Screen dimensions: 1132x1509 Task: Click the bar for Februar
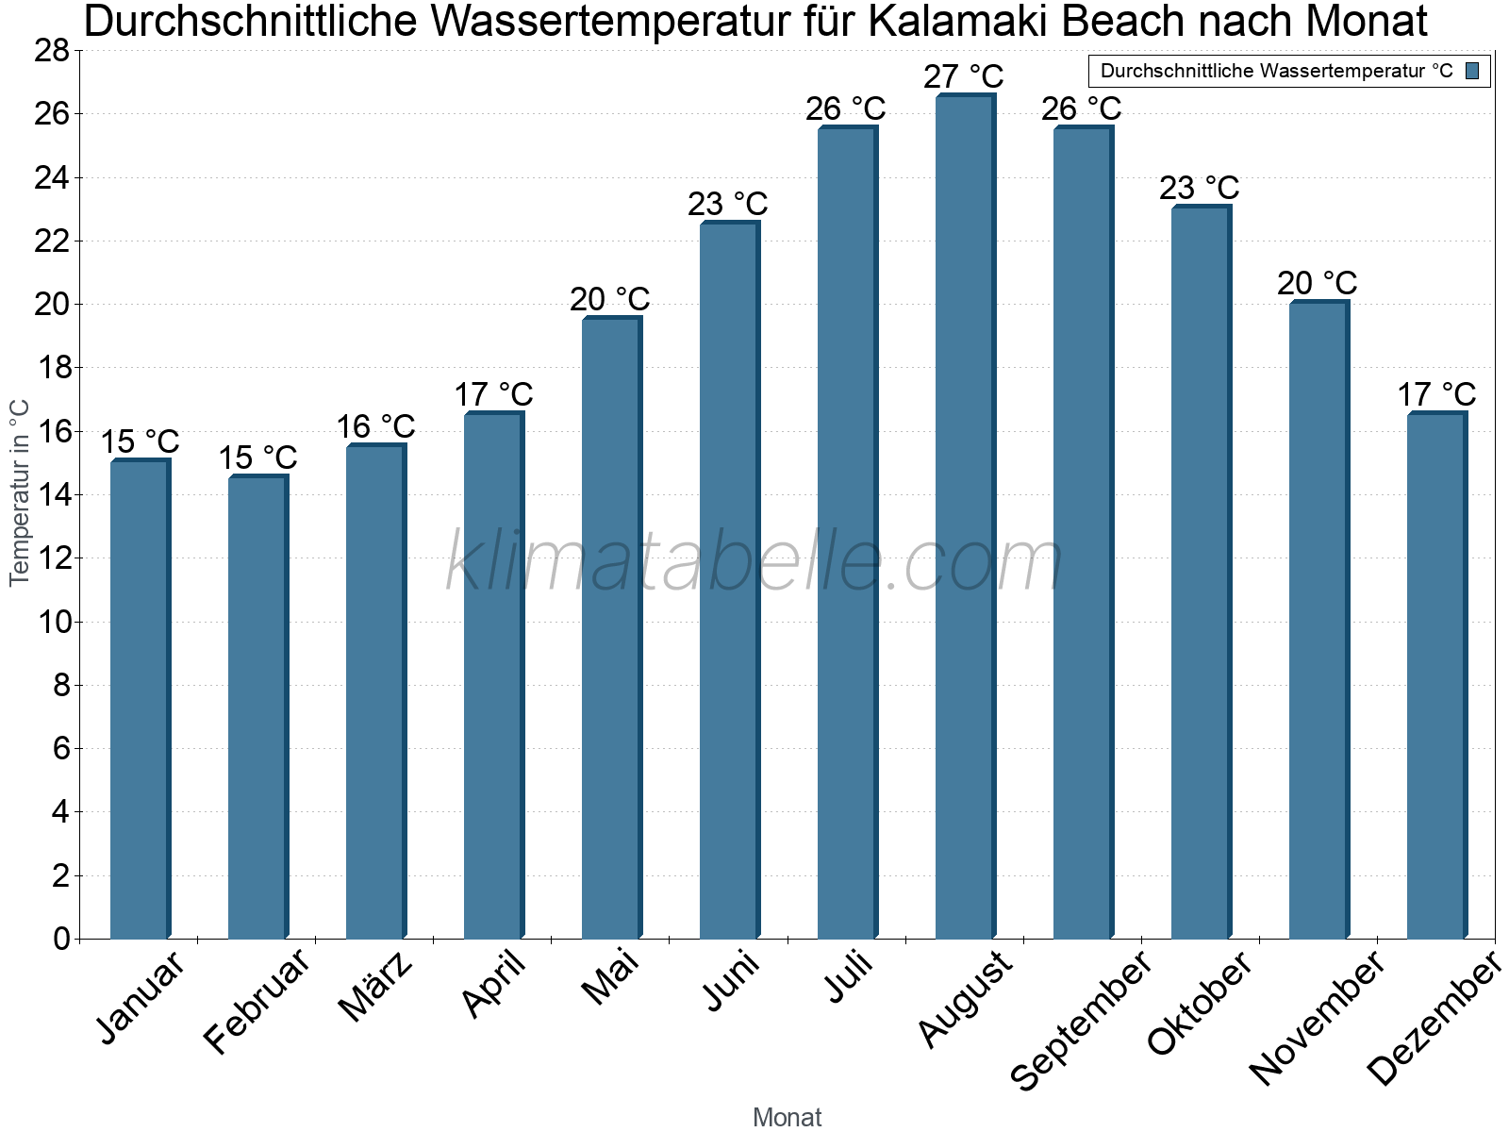[x=257, y=707]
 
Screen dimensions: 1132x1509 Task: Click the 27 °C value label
[x=963, y=76]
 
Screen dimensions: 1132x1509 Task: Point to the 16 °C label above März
[x=375, y=426]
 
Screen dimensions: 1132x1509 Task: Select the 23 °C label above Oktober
[x=1199, y=188]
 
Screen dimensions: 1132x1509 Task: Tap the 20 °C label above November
[x=1317, y=283]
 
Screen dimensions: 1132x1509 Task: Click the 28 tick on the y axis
[x=52, y=51]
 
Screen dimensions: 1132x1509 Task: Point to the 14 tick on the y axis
[x=52, y=495]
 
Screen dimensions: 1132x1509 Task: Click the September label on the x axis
[x=1081, y=1019]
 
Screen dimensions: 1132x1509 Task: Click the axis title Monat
[x=787, y=1117]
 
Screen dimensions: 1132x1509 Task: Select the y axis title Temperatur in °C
[x=19, y=492]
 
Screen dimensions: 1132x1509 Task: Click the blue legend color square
[x=1472, y=71]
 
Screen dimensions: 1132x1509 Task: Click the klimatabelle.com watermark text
[x=754, y=562]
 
